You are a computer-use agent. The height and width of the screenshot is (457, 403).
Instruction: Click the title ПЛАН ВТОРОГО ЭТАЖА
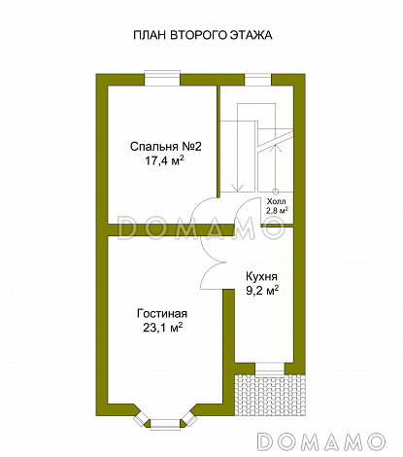click(203, 35)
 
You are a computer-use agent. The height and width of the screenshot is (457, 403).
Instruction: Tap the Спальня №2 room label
click(166, 147)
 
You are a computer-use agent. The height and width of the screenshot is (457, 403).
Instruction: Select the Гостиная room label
click(162, 314)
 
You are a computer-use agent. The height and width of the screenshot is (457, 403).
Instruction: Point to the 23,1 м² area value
click(163, 328)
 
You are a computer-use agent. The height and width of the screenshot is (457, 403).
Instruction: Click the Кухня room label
click(261, 277)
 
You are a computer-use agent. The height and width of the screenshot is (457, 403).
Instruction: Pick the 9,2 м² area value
click(262, 291)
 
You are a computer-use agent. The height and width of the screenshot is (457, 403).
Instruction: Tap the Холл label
click(277, 201)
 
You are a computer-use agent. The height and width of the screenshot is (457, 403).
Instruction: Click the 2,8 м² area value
click(277, 210)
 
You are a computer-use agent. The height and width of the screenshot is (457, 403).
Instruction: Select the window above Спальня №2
click(162, 78)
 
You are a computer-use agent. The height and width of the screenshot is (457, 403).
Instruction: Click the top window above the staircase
click(257, 80)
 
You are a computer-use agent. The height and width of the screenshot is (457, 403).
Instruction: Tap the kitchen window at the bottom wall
click(270, 369)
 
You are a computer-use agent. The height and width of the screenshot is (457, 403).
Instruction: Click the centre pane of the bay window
click(165, 425)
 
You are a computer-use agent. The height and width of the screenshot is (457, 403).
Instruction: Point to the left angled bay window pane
click(141, 418)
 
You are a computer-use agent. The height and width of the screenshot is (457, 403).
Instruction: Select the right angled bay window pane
click(189, 418)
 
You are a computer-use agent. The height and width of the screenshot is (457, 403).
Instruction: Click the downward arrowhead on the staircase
click(238, 188)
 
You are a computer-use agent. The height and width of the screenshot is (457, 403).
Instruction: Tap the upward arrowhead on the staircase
click(275, 147)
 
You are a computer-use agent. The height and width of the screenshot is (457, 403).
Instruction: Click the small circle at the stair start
click(276, 192)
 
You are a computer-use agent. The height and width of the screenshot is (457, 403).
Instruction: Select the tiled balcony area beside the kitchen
click(270, 396)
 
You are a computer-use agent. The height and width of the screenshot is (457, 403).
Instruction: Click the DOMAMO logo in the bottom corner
click(321, 441)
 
